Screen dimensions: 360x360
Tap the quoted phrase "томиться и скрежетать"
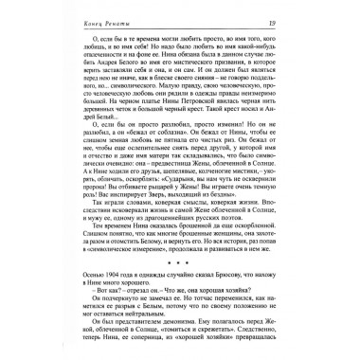click(x=171, y=337)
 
